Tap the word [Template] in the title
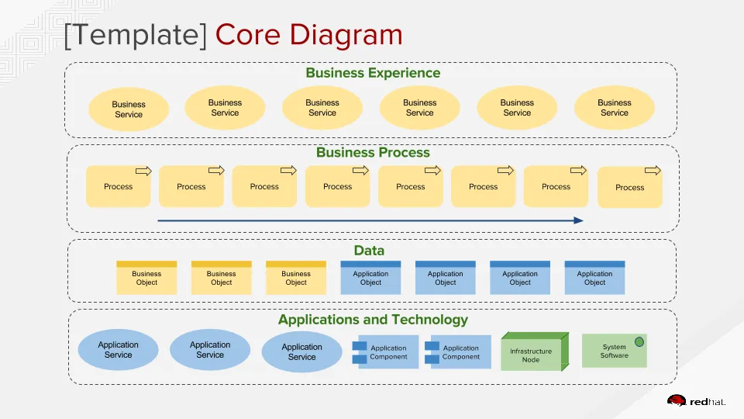pos(136,35)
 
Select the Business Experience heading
pos(373,73)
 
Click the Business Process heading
pos(373,153)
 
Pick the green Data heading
pos(369,251)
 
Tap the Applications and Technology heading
pos(373,320)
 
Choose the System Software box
pos(614,351)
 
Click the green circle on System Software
pos(639,341)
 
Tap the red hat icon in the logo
pos(676,400)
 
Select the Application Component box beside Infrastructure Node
pos(460,352)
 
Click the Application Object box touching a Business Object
pos(370,279)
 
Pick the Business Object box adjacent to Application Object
pos(296,279)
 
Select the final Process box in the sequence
pos(629,187)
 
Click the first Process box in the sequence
pos(118,186)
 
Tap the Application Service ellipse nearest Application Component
pos(301,352)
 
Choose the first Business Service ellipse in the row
pos(129,109)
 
